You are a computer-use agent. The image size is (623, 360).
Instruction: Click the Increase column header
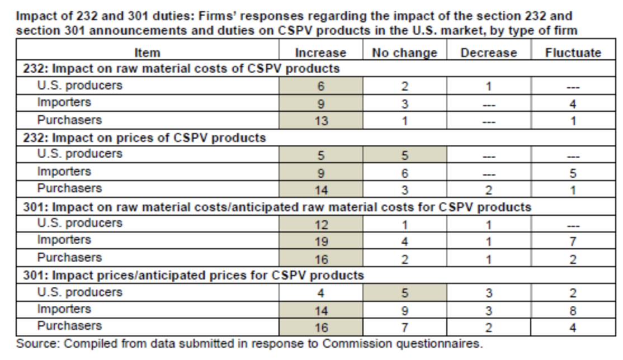pos(320,53)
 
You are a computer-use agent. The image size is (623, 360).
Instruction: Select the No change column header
pos(404,53)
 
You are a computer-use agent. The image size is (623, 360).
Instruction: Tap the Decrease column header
pos(488,53)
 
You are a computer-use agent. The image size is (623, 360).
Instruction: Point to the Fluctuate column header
pos(573,53)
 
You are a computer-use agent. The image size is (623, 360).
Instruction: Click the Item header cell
pos(147,53)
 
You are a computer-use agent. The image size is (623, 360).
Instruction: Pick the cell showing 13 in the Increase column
pos(320,121)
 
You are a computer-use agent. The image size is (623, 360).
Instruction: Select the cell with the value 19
pos(320,241)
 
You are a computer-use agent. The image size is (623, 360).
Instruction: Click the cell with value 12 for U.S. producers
pos(320,225)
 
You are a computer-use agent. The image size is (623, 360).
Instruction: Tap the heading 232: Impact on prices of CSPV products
pos(144,138)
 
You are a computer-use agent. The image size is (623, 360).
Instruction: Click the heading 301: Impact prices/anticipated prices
pos(193,275)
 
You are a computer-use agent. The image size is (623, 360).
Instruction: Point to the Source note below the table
pos(249,343)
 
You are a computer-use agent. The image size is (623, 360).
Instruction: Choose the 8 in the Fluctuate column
pos(573,311)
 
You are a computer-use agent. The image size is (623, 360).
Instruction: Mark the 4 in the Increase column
pos(320,293)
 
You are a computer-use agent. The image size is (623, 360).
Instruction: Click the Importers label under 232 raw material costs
pos(64,103)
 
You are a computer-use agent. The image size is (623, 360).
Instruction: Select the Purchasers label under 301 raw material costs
pos(69,258)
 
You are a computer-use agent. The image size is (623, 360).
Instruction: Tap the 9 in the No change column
pos(404,311)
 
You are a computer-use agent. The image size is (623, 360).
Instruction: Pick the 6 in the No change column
pos(404,173)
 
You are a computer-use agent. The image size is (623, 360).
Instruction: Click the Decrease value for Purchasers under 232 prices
pos(488,190)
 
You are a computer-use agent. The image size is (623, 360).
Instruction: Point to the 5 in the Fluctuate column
pos(573,173)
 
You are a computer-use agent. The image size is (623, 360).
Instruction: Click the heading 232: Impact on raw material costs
pos(181,69)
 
